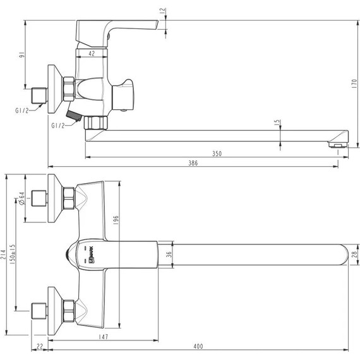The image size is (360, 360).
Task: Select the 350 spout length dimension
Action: pos(217,153)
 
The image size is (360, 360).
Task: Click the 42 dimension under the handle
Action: pos(92,54)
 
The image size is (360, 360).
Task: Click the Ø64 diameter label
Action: pos(21,200)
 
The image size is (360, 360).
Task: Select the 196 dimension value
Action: pos(116,220)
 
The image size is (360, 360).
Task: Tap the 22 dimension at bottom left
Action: pos(40,346)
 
